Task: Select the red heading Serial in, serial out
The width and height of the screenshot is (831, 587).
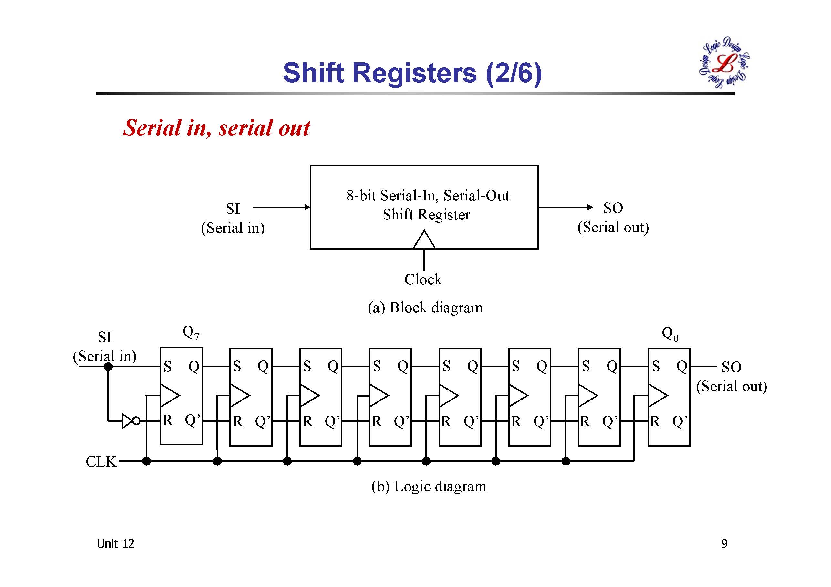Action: pyautogui.click(x=216, y=128)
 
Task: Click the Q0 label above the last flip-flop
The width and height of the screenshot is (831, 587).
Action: pyautogui.click(x=670, y=333)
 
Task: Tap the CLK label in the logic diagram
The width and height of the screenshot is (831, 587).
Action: pyautogui.click(x=101, y=462)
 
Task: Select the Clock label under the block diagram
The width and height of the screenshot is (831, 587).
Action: pyautogui.click(x=423, y=279)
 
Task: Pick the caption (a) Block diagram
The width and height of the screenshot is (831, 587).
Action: pyautogui.click(x=425, y=308)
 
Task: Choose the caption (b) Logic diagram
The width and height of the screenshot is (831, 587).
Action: pyautogui.click(x=429, y=486)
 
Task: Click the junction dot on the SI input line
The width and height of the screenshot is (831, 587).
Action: pyautogui.click(x=108, y=367)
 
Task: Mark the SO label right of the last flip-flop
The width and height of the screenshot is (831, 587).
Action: pyautogui.click(x=731, y=368)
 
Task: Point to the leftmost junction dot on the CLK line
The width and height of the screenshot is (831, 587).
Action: pyautogui.click(x=147, y=461)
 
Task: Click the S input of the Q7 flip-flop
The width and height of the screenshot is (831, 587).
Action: pyautogui.click(x=167, y=367)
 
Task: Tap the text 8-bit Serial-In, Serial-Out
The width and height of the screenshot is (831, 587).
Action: pyautogui.click(x=427, y=196)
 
